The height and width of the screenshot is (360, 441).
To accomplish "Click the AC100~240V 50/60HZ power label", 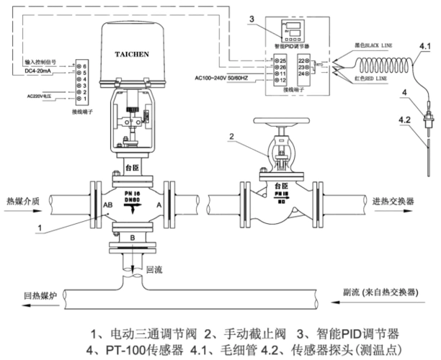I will click(221, 77).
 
